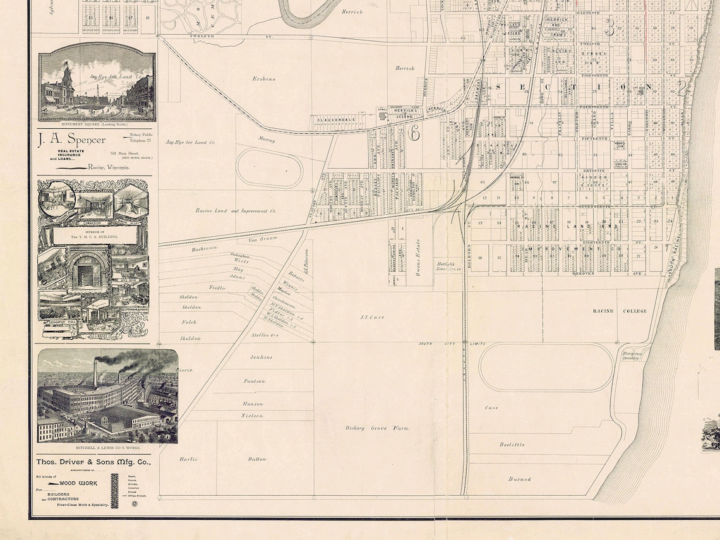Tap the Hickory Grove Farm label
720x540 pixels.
(x=377, y=428)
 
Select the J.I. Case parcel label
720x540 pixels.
(x=372, y=317)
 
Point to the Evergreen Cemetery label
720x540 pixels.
(x=631, y=355)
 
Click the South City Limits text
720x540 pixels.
(x=452, y=344)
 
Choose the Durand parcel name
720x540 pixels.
(x=519, y=479)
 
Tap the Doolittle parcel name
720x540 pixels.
(x=512, y=445)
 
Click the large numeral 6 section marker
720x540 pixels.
(x=414, y=133)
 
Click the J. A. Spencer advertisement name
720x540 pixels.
(x=71, y=140)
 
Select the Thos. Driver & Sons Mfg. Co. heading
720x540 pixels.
(x=93, y=462)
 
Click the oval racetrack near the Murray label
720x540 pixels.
(x=270, y=167)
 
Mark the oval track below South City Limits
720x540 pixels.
(x=546, y=367)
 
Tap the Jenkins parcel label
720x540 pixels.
(x=261, y=357)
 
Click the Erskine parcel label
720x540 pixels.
(x=263, y=79)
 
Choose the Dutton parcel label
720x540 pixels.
(x=257, y=459)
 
